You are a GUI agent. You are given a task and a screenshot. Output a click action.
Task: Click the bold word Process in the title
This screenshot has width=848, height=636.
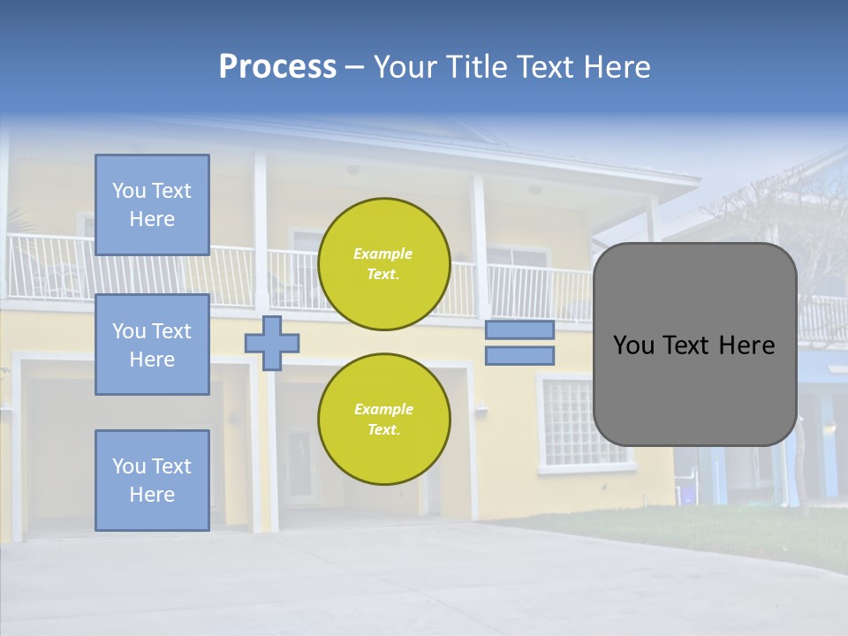(277, 67)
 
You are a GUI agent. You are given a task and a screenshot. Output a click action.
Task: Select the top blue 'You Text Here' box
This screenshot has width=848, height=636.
(152, 205)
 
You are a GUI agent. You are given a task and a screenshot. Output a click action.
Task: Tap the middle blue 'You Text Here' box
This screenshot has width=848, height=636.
(152, 344)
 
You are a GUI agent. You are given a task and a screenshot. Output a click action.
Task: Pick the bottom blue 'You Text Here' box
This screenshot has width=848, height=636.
(152, 481)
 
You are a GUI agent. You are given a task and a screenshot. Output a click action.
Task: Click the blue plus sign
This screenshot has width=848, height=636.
(272, 343)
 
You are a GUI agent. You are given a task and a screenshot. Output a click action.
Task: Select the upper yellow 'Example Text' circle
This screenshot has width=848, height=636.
(384, 264)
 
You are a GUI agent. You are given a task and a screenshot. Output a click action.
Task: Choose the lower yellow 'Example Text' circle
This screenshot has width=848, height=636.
(384, 420)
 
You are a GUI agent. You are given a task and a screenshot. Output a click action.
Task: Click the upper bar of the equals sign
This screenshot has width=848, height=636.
(519, 329)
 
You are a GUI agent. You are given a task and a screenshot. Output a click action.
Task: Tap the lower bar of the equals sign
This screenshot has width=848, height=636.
(519, 356)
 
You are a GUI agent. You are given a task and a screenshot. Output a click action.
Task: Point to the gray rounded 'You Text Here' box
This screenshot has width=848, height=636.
(694, 344)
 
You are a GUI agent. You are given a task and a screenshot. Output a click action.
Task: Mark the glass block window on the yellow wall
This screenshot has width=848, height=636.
(572, 422)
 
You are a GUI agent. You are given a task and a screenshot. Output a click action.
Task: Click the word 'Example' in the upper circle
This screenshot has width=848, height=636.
(383, 254)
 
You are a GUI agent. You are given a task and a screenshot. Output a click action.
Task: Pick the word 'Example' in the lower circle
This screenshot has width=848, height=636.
(383, 410)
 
